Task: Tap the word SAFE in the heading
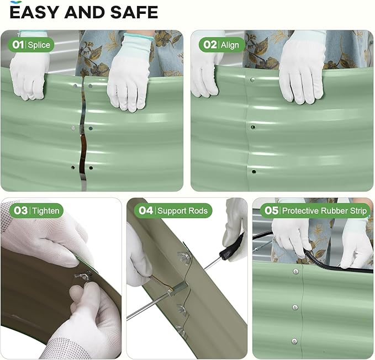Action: pos(134,13)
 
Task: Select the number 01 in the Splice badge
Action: pos(18,45)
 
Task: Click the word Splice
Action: pos(39,45)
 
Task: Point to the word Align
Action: pos(230,45)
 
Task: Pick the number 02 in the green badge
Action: pos(210,45)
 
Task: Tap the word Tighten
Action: pos(46,211)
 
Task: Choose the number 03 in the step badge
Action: pos(20,210)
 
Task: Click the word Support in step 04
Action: pos(172,211)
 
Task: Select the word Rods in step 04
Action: pos(198,210)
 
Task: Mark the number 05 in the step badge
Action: pos(271,210)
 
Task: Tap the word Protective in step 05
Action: pos(300,210)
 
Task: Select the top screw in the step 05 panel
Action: pos(296,271)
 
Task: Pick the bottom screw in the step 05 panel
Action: pos(295,341)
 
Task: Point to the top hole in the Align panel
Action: pos(252,80)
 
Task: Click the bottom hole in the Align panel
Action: pos(253,171)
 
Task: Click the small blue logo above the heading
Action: pos(16,2)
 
